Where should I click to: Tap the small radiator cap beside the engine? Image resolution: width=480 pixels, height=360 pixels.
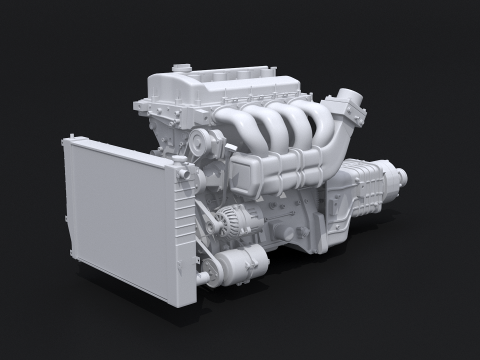pyautogui.click(x=185, y=172)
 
